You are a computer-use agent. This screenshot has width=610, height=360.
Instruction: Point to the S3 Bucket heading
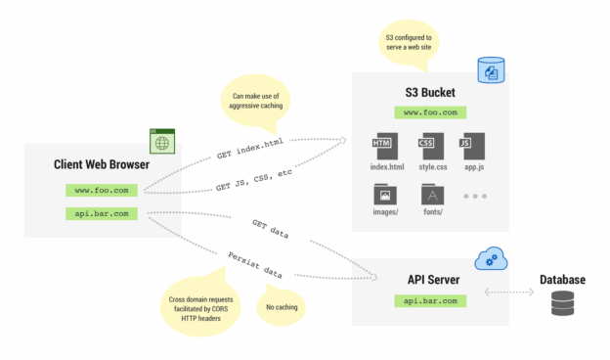click(x=431, y=94)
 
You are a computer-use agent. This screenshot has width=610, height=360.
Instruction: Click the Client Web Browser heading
click(x=102, y=164)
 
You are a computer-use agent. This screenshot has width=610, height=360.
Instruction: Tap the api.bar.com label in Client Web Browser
click(x=102, y=213)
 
